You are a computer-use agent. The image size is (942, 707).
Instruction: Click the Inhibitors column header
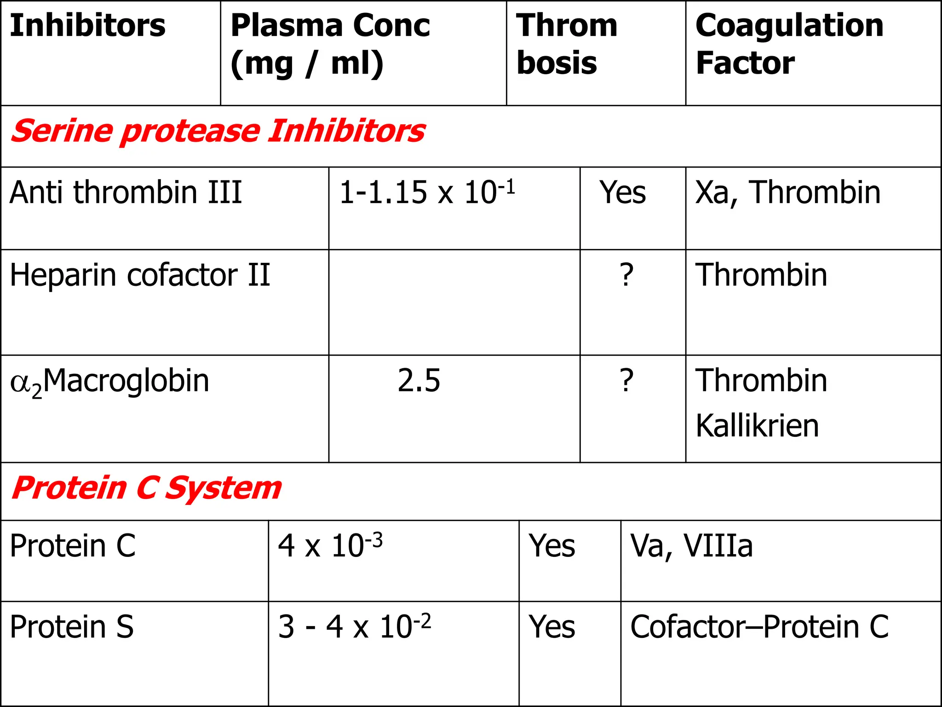[x=87, y=26]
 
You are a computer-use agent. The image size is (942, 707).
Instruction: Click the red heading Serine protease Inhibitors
[x=218, y=131]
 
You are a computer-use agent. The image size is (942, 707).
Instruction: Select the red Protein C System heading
[x=146, y=488]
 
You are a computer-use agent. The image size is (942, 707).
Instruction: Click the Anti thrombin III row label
[x=126, y=192]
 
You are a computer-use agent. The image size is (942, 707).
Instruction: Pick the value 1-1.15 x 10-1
[x=427, y=192]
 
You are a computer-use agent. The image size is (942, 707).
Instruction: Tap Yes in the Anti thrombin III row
[x=622, y=192]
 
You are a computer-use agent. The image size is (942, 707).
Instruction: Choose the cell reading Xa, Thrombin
[x=788, y=192]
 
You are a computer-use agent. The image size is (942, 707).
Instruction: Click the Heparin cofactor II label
[x=140, y=275]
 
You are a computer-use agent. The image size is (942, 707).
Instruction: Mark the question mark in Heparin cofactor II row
[x=626, y=275]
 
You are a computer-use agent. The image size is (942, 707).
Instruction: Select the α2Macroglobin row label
[x=109, y=382]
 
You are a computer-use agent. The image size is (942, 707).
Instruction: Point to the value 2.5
[x=419, y=381]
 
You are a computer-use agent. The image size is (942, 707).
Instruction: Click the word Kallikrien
[x=757, y=426]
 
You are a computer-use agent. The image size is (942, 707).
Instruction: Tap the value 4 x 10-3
[x=330, y=546]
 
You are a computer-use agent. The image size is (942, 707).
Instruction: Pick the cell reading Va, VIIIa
[x=691, y=546]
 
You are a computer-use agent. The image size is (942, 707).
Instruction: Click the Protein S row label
[x=72, y=627]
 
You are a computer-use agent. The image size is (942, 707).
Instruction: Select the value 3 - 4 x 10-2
[x=354, y=627]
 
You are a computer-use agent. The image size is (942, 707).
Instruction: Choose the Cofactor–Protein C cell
[x=759, y=627]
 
